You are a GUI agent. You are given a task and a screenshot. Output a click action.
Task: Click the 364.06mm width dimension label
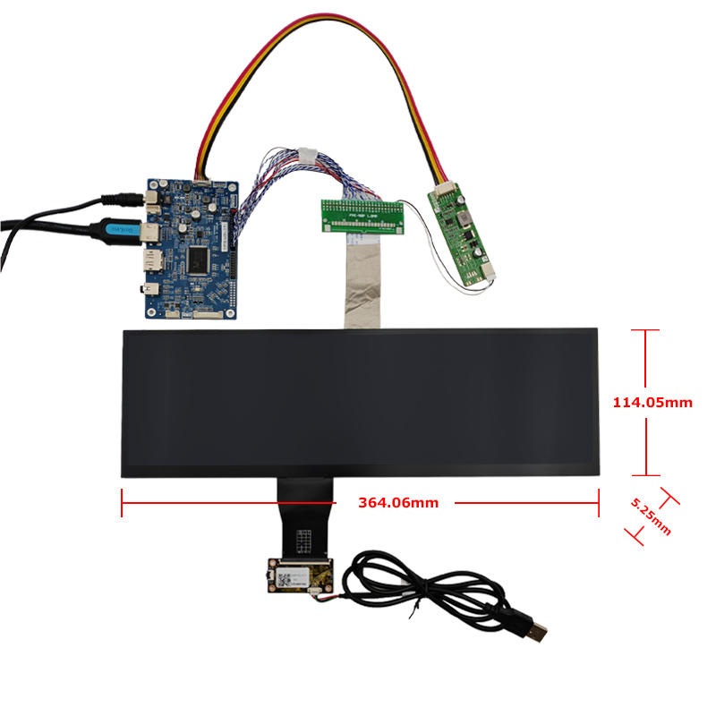click(x=398, y=503)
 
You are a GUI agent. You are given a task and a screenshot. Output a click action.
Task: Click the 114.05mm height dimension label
click(x=652, y=403)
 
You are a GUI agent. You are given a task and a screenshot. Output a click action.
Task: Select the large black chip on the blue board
click(x=195, y=260)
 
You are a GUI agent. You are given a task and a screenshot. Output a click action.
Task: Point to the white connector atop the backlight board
click(x=442, y=190)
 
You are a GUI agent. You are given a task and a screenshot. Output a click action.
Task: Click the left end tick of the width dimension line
click(x=121, y=503)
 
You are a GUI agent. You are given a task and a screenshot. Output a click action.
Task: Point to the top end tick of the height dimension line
click(x=645, y=330)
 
